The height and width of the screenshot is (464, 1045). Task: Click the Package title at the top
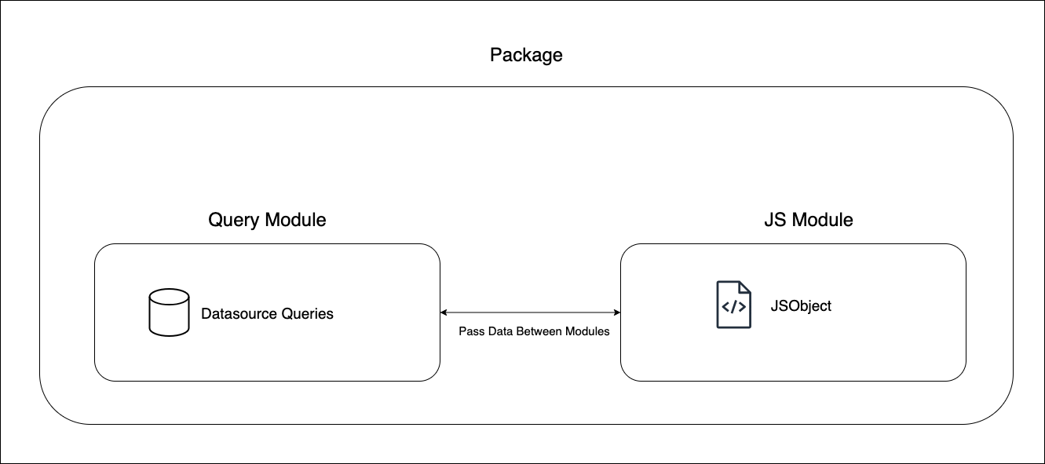click(526, 55)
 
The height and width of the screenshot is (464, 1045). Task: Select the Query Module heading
click(267, 220)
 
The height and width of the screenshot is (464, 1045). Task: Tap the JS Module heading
click(808, 220)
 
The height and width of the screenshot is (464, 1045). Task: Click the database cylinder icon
click(169, 312)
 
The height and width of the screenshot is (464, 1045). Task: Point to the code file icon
click(733, 305)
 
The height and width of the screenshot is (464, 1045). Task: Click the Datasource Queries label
click(267, 314)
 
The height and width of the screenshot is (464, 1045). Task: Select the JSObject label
click(800, 306)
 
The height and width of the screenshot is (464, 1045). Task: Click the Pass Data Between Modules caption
click(534, 331)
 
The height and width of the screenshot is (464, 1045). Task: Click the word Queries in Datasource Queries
click(307, 314)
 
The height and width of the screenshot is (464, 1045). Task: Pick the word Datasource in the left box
click(239, 314)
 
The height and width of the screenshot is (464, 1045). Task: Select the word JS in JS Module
click(774, 220)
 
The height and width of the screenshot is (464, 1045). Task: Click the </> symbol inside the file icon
click(733, 308)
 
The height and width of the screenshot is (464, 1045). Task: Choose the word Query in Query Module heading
click(233, 221)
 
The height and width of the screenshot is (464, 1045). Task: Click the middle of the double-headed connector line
click(530, 312)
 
